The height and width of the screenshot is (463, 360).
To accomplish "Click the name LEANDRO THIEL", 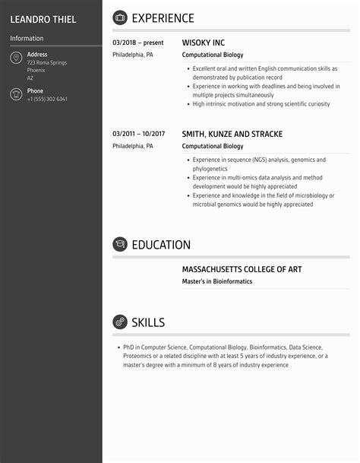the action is [43, 19].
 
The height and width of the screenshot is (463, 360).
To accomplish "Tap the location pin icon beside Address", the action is [16, 59].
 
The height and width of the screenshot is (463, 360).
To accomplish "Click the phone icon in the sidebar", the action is [16, 94].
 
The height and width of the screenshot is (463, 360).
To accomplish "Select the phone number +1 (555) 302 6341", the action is [47, 100].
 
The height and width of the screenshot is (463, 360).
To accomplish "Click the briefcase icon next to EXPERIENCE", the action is [120, 18].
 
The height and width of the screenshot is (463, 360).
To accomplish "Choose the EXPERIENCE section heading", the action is [163, 18].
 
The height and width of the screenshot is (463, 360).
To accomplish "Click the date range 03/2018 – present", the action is [137, 43].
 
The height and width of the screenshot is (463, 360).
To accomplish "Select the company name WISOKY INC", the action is [204, 43].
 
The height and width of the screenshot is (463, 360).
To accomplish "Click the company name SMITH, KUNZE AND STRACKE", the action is [232, 135].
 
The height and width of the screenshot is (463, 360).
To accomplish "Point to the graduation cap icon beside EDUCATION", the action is [120, 245].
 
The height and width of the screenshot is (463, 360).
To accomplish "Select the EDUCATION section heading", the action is [161, 245].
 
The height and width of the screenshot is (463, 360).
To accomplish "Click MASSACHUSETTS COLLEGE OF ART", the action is [248, 269].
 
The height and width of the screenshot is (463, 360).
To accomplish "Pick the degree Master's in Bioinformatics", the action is [217, 281].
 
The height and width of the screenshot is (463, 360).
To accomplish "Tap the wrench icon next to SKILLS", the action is [120, 322].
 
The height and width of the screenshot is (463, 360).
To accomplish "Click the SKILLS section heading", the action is [148, 322].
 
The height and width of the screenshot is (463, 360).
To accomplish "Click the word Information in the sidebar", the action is [27, 38].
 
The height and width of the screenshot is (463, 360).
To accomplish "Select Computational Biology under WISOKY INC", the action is [213, 55].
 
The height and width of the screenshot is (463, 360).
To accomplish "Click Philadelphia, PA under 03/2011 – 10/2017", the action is [133, 146].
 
